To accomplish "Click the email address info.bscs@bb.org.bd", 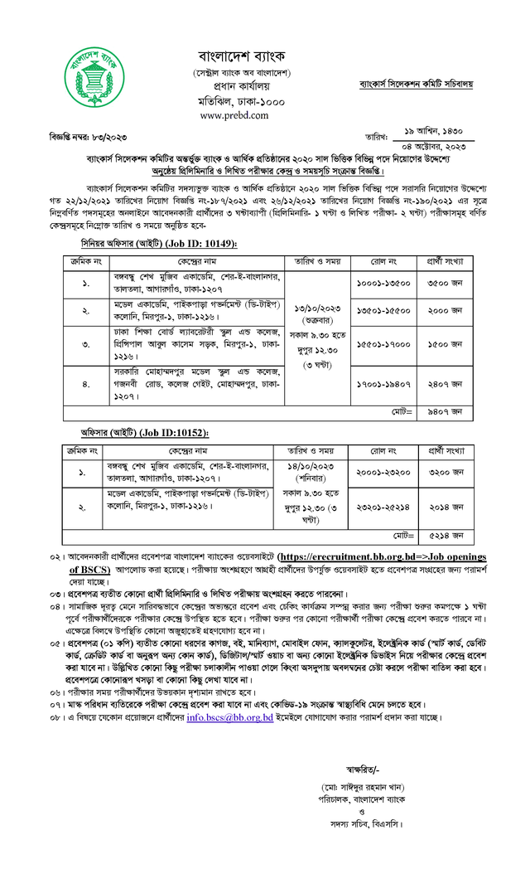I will (x=229, y=716).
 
